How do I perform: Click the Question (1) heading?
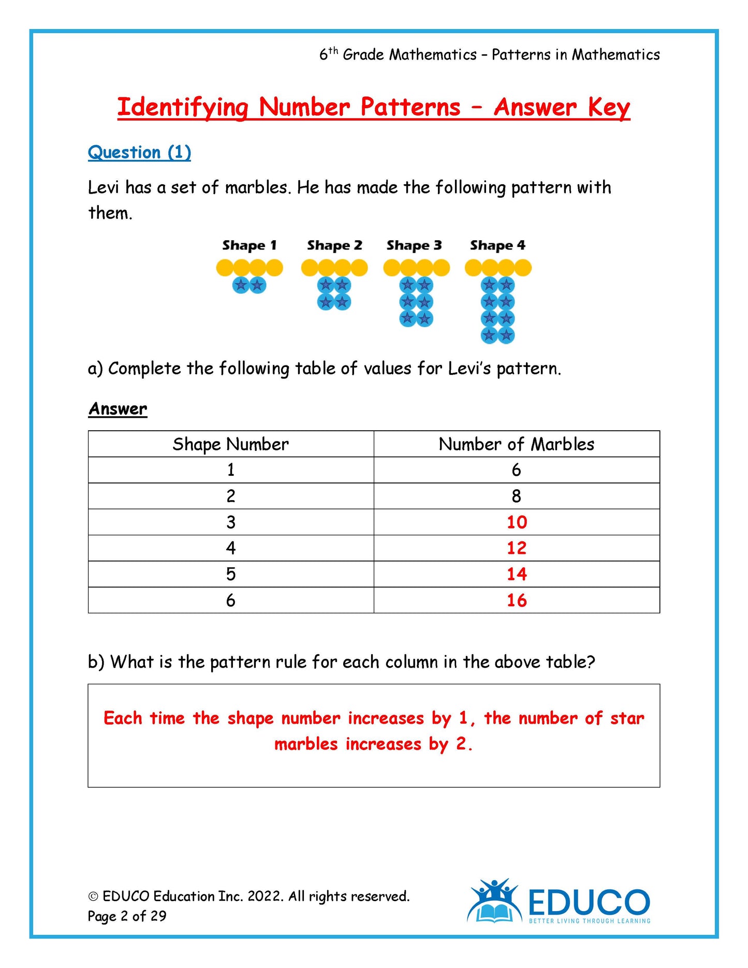click(x=139, y=152)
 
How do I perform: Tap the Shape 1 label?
click(x=250, y=245)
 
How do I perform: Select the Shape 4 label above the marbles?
click(x=497, y=245)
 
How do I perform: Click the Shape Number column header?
click(x=230, y=444)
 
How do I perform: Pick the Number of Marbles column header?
click(x=516, y=444)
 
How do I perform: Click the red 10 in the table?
click(x=517, y=522)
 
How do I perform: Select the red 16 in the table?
click(x=517, y=600)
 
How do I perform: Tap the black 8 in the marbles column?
click(x=516, y=496)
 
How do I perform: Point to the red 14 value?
click(x=517, y=574)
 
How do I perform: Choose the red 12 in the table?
click(x=517, y=548)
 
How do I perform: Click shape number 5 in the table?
click(x=231, y=574)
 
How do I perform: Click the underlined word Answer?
click(x=118, y=409)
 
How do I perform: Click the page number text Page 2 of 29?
click(x=127, y=916)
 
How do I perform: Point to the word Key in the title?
click(x=609, y=108)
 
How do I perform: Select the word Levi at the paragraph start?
click(x=104, y=187)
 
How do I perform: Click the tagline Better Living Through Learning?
click(x=589, y=921)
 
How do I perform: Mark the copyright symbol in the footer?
click(x=93, y=897)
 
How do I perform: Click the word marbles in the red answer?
click(x=305, y=744)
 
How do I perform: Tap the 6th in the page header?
click(x=328, y=54)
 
